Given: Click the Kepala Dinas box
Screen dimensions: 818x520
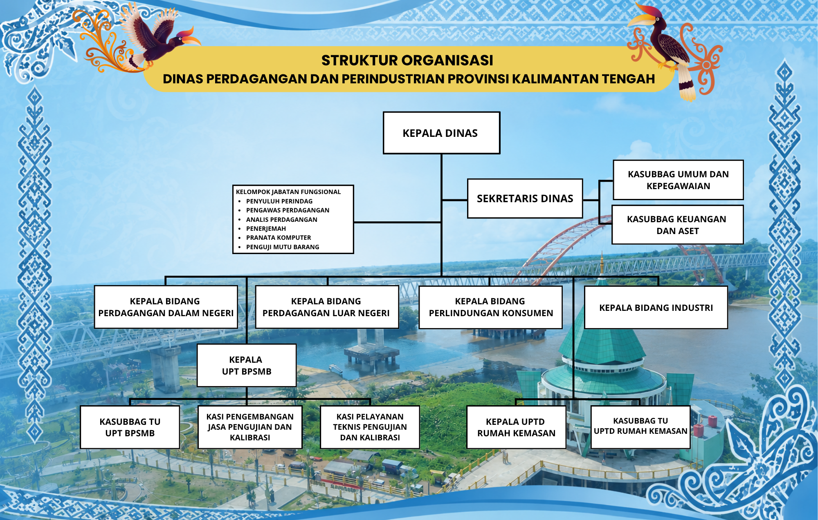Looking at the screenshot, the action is tap(441, 133).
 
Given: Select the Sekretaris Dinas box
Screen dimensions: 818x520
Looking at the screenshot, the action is tap(525, 199).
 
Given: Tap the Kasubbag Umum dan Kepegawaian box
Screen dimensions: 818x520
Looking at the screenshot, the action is tap(678, 180).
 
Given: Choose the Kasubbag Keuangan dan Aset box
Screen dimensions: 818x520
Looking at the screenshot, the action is tap(677, 225).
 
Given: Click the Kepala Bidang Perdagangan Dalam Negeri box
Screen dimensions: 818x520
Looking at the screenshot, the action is tap(166, 307).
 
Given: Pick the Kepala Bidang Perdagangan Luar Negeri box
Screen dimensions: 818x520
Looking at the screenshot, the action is tap(326, 307).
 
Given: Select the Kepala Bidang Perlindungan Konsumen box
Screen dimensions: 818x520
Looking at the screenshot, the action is tap(490, 307).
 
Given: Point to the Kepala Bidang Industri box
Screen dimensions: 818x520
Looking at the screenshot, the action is tap(656, 308).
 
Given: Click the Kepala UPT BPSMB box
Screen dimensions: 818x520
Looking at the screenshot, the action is tap(246, 365).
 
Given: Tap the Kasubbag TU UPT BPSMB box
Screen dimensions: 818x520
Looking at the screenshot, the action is tap(130, 427).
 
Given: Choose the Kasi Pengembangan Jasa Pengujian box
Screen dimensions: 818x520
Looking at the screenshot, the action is tap(250, 427).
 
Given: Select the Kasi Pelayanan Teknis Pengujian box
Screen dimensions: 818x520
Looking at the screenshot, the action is tap(370, 427).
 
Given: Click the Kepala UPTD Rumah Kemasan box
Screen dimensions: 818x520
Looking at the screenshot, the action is tap(516, 427).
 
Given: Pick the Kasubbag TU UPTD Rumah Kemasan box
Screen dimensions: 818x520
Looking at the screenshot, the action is tap(640, 427).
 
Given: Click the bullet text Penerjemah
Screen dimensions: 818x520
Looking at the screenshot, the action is tap(266, 229).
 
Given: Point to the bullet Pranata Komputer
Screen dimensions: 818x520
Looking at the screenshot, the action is tap(279, 238).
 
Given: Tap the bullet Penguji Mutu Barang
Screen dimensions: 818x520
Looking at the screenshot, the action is tap(283, 247).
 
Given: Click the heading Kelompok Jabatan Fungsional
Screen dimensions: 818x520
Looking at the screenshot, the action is tap(288, 192).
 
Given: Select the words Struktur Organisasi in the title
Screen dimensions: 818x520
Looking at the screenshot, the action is tap(407, 60).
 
